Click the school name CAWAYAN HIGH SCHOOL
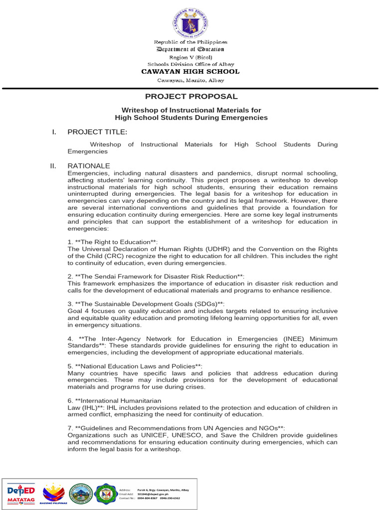pos(190,72)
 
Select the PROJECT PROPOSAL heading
pos(191,97)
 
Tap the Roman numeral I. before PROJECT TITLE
pos(54,131)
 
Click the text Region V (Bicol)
pos(190,57)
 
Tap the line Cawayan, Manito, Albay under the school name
pos(191,80)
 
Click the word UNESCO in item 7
pos(191,435)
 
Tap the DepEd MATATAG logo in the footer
pos(20,494)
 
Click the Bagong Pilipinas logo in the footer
pos(53,494)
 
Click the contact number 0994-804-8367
pos(148,498)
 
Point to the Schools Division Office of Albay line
pos(190,64)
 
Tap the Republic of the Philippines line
pos(190,42)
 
